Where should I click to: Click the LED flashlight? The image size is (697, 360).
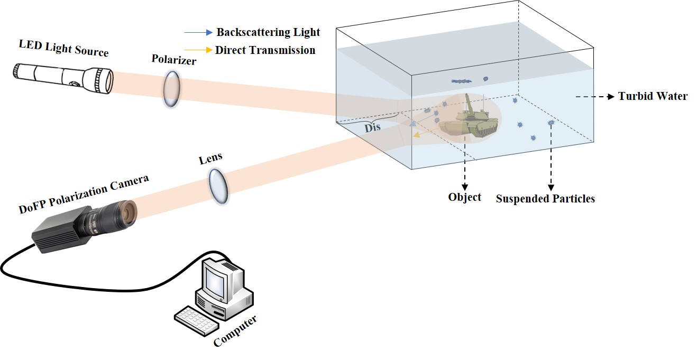[x=63, y=78]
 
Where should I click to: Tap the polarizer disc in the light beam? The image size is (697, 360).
[x=171, y=89]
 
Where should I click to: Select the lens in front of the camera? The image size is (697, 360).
[x=218, y=186]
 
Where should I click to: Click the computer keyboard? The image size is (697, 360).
[x=196, y=321]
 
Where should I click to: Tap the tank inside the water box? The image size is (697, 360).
[x=469, y=118]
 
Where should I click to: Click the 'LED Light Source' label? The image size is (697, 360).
[x=64, y=48]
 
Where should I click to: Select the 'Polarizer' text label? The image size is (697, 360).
[x=174, y=59]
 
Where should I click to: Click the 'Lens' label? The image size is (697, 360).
[x=210, y=159]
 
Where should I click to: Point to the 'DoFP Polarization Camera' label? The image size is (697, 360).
[x=84, y=194]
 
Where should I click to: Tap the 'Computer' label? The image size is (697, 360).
[x=235, y=331]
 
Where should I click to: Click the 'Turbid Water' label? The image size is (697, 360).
[x=653, y=96]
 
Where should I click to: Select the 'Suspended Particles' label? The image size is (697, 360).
[x=545, y=199]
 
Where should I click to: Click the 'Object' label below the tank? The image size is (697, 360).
[x=464, y=197]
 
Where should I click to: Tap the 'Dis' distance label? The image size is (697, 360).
[x=372, y=127]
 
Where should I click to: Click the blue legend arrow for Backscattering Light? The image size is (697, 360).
[x=198, y=32]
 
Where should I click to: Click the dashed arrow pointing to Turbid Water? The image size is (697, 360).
[x=595, y=97]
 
